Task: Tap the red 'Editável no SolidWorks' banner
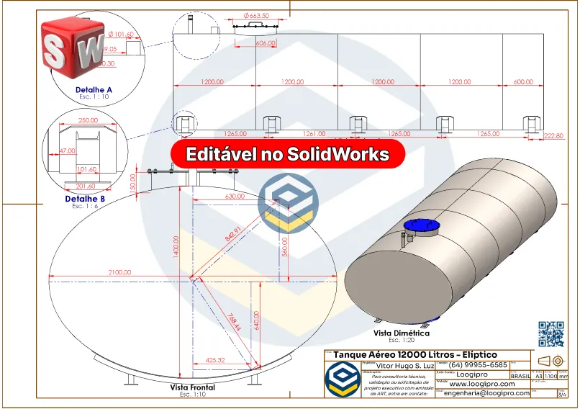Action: pos(288,155)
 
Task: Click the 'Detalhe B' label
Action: pos(86,199)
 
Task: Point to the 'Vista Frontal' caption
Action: pos(192,387)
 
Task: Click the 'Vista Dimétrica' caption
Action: pos(401,333)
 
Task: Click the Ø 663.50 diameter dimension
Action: pos(257,15)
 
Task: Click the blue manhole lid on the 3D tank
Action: pos(421,225)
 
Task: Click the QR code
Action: pos(551,334)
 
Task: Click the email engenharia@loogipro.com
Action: pos(486,393)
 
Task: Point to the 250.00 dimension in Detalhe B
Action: pos(89,120)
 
